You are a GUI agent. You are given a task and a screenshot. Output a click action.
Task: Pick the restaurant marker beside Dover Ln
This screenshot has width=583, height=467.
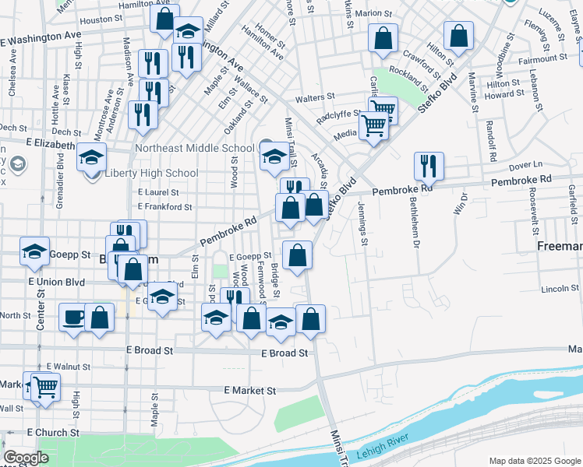click(429, 166)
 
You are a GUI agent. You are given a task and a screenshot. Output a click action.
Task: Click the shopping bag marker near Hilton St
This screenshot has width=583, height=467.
click(459, 36)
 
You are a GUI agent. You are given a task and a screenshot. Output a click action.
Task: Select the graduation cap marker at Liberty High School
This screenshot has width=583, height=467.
click(92, 158)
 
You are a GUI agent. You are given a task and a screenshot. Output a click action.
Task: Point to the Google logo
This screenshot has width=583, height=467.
click(26, 458)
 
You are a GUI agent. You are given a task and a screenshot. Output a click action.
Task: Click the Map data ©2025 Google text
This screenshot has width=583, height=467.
click(535, 461)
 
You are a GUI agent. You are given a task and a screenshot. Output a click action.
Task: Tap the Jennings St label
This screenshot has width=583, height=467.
click(363, 222)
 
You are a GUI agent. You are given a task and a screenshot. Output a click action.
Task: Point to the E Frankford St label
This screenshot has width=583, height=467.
click(164, 207)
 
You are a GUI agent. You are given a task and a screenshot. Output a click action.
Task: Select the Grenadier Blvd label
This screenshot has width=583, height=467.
click(61, 185)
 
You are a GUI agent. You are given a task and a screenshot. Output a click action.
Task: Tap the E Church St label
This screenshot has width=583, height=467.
click(53, 432)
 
